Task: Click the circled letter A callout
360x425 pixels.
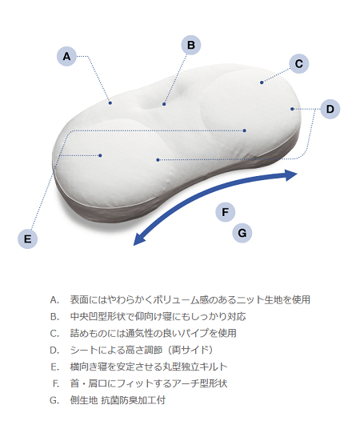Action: [x=66, y=56]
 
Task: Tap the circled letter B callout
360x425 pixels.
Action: [x=191, y=45]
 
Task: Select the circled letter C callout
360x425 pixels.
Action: [x=298, y=64]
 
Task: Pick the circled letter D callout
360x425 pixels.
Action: [x=330, y=109]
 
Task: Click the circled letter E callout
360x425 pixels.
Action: [x=28, y=239]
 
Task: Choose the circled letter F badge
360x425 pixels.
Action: [x=226, y=212]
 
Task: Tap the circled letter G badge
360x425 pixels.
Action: [x=242, y=233]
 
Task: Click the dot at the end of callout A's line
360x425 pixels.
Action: [x=110, y=102]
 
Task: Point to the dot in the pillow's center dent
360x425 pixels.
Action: [x=164, y=104]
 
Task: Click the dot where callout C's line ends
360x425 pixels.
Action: [x=262, y=82]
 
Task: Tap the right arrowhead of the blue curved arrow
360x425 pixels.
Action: [x=291, y=174]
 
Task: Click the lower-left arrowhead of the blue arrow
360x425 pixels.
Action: [x=139, y=239]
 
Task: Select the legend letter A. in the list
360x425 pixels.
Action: [x=54, y=300]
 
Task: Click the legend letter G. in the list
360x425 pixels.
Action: [x=54, y=400]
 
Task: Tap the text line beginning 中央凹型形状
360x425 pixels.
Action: [x=158, y=317]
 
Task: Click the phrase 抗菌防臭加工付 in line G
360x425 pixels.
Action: [x=134, y=400]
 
